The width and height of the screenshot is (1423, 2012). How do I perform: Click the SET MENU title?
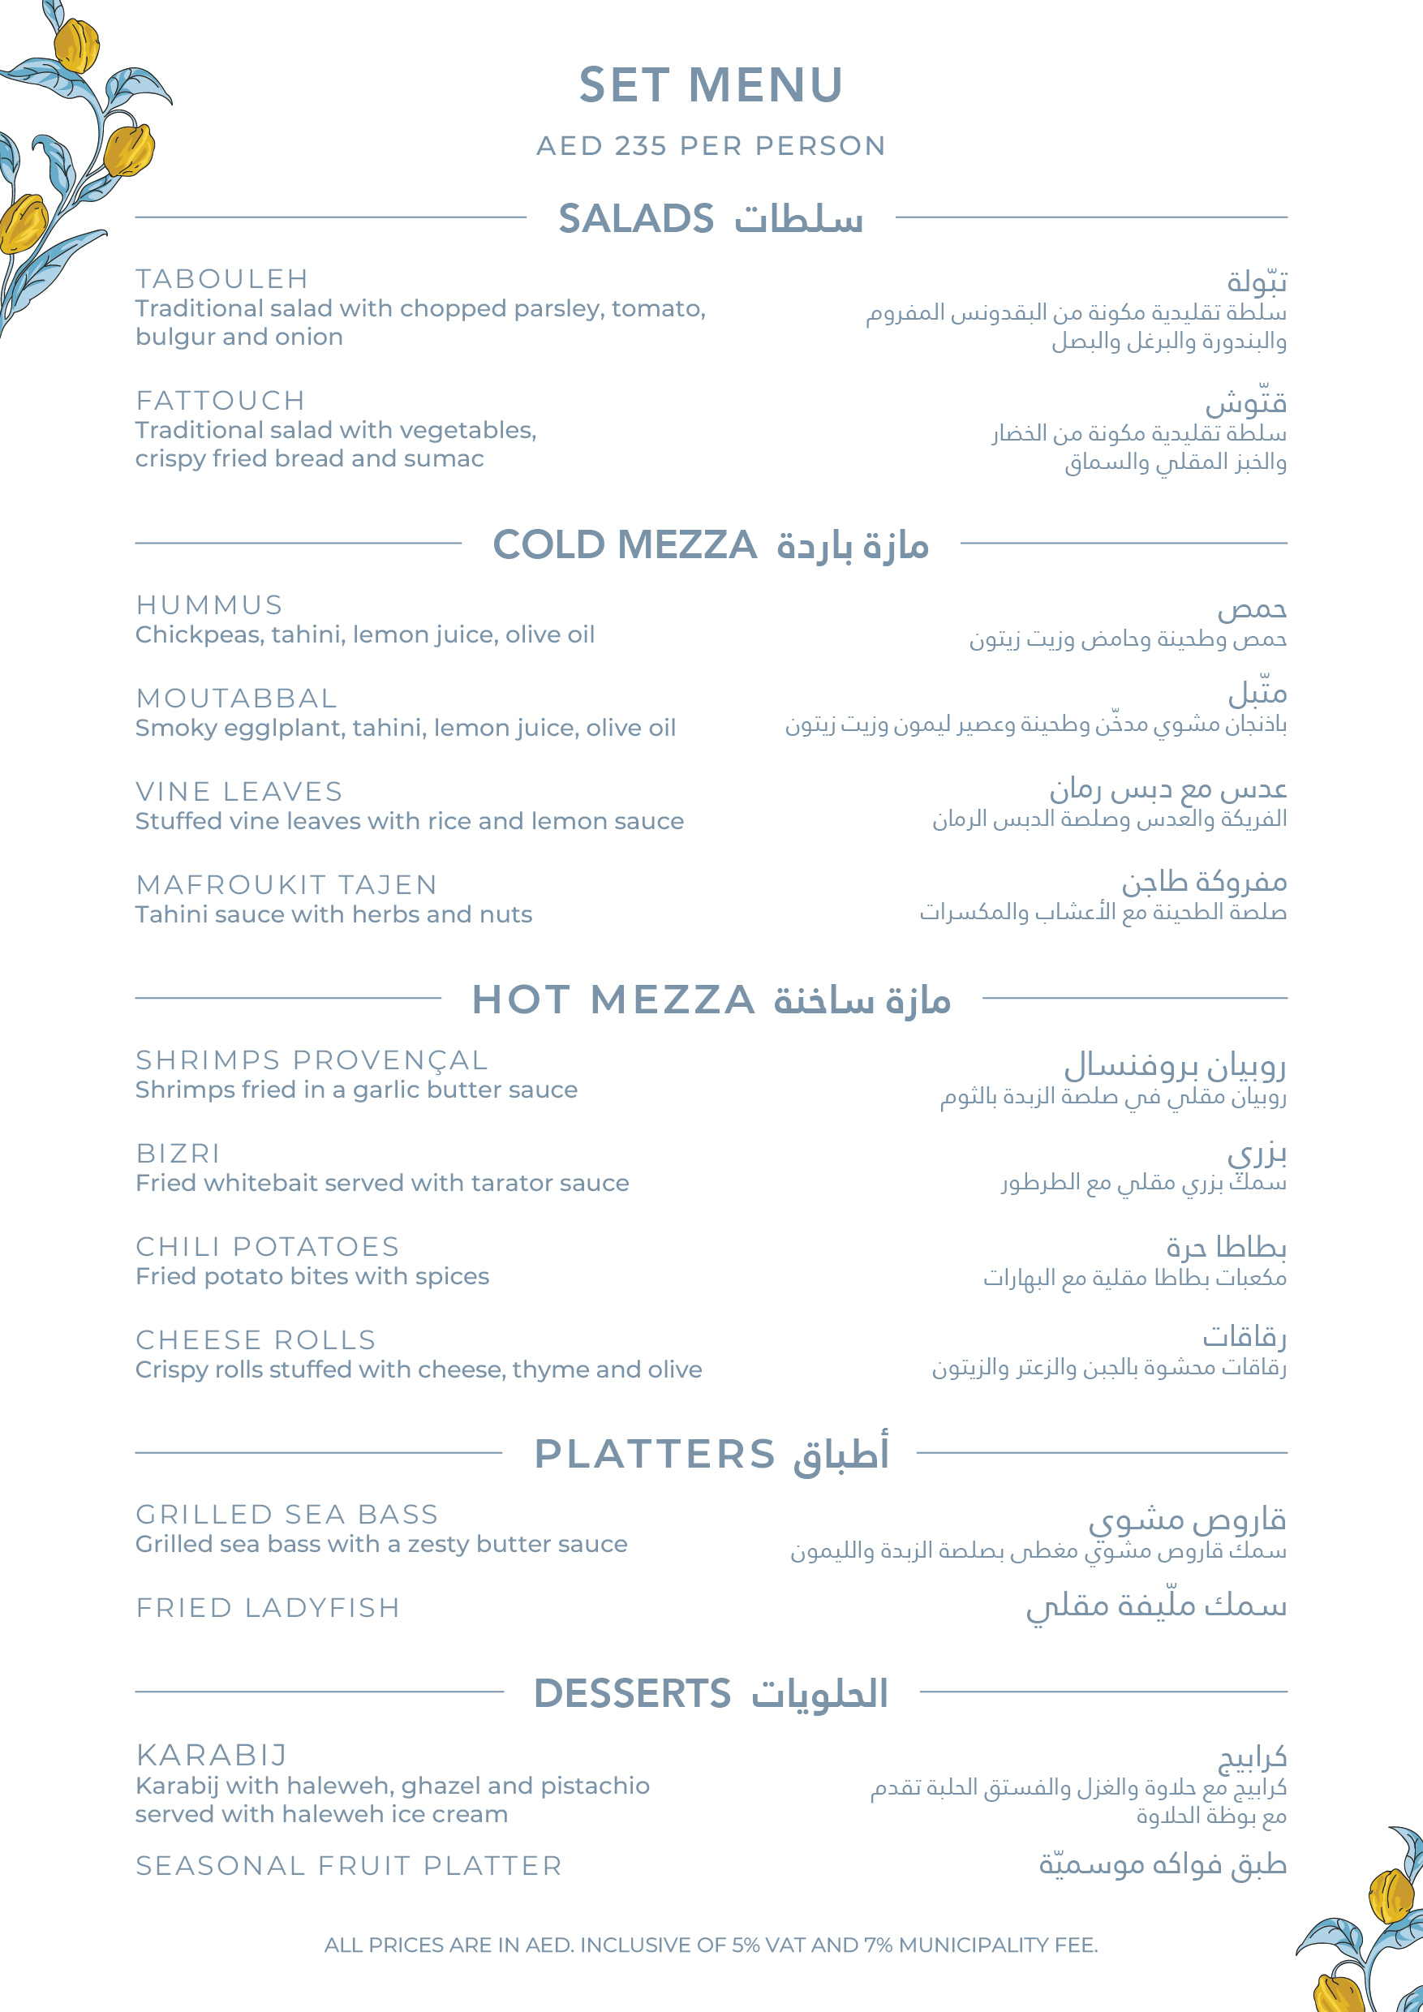coord(711,85)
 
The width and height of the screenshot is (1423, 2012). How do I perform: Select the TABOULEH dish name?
coord(221,278)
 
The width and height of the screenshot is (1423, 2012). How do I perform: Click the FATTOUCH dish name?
coord(220,401)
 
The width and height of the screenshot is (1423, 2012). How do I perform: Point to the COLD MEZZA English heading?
coord(625,544)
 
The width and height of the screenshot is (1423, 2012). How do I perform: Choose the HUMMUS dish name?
coord(209,604)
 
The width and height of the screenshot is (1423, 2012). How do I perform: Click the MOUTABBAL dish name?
coord(237,699)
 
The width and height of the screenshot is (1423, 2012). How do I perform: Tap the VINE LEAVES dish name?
coord(239,791)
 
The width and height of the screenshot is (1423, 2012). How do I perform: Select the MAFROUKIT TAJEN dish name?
coord(286,885)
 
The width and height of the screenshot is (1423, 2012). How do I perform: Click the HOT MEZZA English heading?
coord(613,1000)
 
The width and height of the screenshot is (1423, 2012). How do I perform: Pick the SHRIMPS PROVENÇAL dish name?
coord(311,1060)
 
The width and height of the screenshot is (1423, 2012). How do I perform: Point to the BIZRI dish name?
coord(178,1153)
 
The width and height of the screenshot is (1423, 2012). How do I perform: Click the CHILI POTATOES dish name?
coord(267,1246)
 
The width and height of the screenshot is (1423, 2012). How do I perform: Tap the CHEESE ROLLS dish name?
coord(256,1340)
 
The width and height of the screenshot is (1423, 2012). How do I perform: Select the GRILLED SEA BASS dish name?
coord(286,1514)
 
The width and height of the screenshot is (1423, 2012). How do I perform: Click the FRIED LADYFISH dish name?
coord(267,1608)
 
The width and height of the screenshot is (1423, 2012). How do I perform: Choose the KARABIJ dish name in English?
coord(212,1756)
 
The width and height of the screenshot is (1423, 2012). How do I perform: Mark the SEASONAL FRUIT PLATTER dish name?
coord(349,1866)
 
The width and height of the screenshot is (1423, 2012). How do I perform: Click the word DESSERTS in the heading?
coord(632,1693)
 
